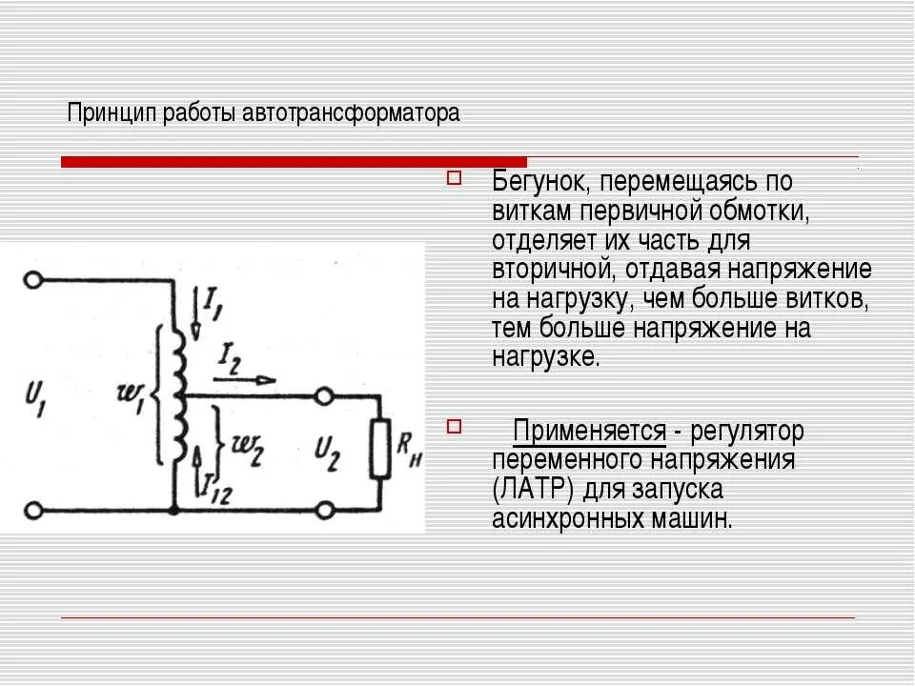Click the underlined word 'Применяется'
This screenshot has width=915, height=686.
[x=589, y=432]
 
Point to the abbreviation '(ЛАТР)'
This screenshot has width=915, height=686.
[x=534, y=491]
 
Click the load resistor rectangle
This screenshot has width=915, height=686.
[x=381, y=448]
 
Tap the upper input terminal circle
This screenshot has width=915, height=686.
[x=33, y=280]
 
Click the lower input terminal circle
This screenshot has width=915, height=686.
[x=33, y=512]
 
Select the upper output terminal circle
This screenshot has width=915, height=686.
[x=325, y=394]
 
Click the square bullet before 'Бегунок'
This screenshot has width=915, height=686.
[x=454, y=177]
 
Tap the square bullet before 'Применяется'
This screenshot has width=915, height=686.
[x=454, y=426]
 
